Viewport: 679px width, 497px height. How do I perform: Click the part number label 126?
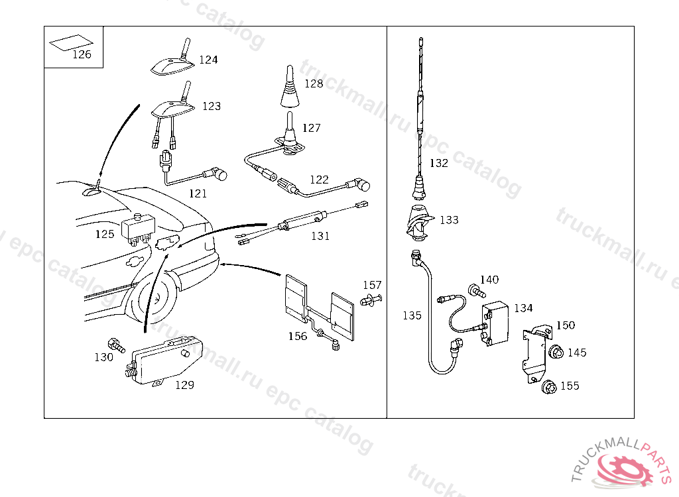[82, 54]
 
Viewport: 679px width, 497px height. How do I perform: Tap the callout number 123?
[212, 106]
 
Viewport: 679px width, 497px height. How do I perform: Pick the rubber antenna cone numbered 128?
[290, 90]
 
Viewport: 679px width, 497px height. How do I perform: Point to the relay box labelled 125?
[138, 227]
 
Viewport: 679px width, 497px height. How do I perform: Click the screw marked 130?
[117, 344]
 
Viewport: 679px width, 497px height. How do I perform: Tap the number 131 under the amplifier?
[320, 235]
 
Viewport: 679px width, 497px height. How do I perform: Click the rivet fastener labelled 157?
[371, 300]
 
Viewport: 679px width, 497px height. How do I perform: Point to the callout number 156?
[298, 336]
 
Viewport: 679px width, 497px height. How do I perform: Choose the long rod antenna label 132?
[439, 163]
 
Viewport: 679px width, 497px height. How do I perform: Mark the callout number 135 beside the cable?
[412, 315]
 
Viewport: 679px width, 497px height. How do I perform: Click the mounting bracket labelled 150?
[534, 355]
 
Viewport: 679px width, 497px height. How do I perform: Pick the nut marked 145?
[556, 352]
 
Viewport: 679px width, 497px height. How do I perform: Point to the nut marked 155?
[548, 386]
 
